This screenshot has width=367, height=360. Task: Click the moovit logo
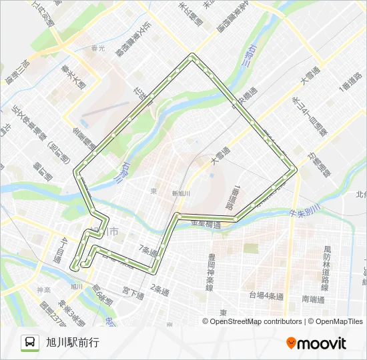pyautogui.click(x=316, y=343)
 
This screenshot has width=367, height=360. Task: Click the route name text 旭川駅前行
pyautogui.click(x=72, y=343)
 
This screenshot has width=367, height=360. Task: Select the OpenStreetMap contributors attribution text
pyautogui.click(x=253, y=321)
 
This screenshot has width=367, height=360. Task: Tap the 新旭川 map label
pyautogui.click(x=181, y=193)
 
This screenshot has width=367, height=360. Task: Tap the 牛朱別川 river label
pyautogui.click(x=306, y=212)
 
